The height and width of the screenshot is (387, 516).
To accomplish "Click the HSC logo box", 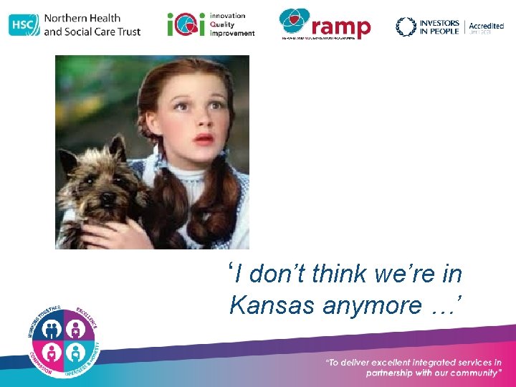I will tap(24, 25).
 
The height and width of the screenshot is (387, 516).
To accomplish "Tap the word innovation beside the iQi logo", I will tap(228, 16).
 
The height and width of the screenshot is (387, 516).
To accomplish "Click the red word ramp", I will tap(342, 27).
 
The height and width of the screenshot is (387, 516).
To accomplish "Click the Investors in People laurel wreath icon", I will tap(406, 27).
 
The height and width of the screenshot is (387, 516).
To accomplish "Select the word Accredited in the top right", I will tap(486, 26).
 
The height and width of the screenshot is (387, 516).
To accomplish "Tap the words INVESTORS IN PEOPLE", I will tap(439, 27).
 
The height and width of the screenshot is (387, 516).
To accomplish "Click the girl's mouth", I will tap(204, 138).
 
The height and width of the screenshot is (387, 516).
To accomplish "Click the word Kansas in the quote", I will tap(273, 305).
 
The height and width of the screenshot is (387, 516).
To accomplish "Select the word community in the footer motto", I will tap(472, 373).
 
